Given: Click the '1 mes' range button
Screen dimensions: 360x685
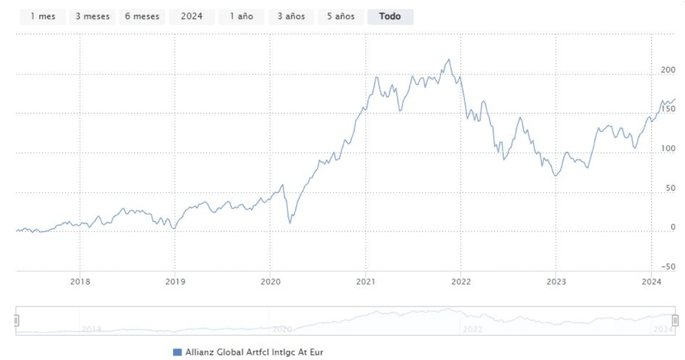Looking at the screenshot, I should coord(43,17).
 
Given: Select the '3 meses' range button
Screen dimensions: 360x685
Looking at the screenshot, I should coord(92,17).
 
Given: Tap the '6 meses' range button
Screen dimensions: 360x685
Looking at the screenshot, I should coord(142,17).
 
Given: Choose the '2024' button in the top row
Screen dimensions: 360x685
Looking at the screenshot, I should coord(191,17).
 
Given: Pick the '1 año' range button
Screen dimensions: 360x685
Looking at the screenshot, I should coord(241,17).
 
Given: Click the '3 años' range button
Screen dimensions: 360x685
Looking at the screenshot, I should coord(291,17).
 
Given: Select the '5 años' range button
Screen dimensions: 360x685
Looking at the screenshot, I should coord(340,17).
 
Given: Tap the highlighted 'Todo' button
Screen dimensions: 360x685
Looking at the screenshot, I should coord(390,17).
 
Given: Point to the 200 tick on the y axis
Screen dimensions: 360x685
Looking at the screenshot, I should coord(668,70).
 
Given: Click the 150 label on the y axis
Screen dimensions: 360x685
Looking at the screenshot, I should coord(668,109).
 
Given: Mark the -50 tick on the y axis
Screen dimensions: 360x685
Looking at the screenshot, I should coord(667,267).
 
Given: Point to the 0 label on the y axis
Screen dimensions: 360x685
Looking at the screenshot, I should coord(673,228).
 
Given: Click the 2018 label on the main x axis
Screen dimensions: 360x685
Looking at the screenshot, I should coord(80,282).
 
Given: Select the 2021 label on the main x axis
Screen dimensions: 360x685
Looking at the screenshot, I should coord(365,282).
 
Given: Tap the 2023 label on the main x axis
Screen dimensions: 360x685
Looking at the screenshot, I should coord(556,282).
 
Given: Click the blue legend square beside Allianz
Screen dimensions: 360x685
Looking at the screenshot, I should coord(177,351).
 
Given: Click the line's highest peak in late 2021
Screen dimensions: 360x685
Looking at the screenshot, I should coord(449,60).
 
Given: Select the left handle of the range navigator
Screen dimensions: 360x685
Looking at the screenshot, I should coord(17,321).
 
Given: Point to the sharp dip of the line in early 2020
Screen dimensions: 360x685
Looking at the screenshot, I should coord(290,222).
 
